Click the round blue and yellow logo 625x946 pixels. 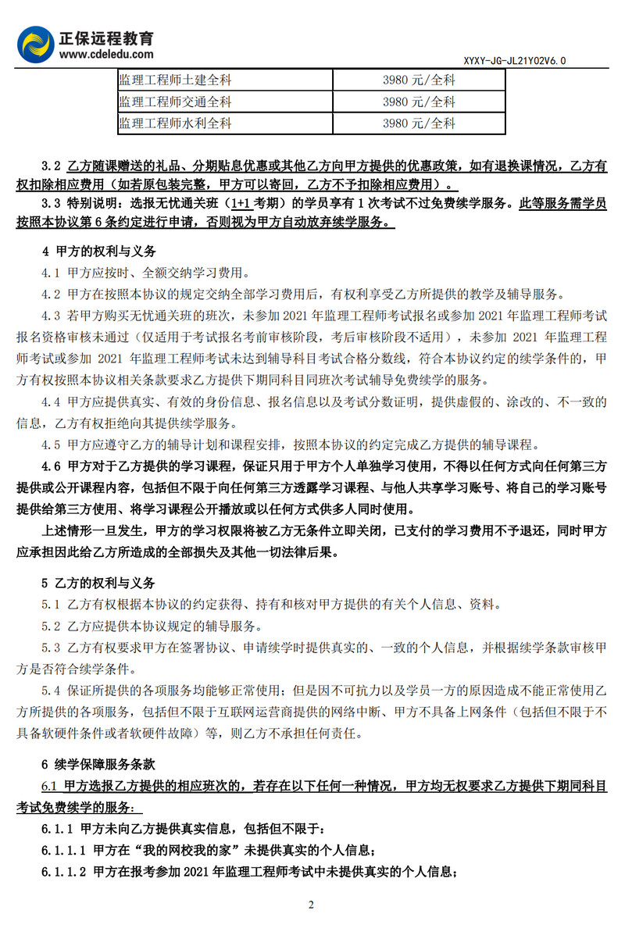[x=36, y=45]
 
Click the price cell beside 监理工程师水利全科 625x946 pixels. [x=419, y=123]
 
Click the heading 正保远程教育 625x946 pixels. [x=106, y=37]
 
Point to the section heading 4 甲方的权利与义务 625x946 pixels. [x=98, y=252]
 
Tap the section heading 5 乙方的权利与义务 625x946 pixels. [x=98, y=584]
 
